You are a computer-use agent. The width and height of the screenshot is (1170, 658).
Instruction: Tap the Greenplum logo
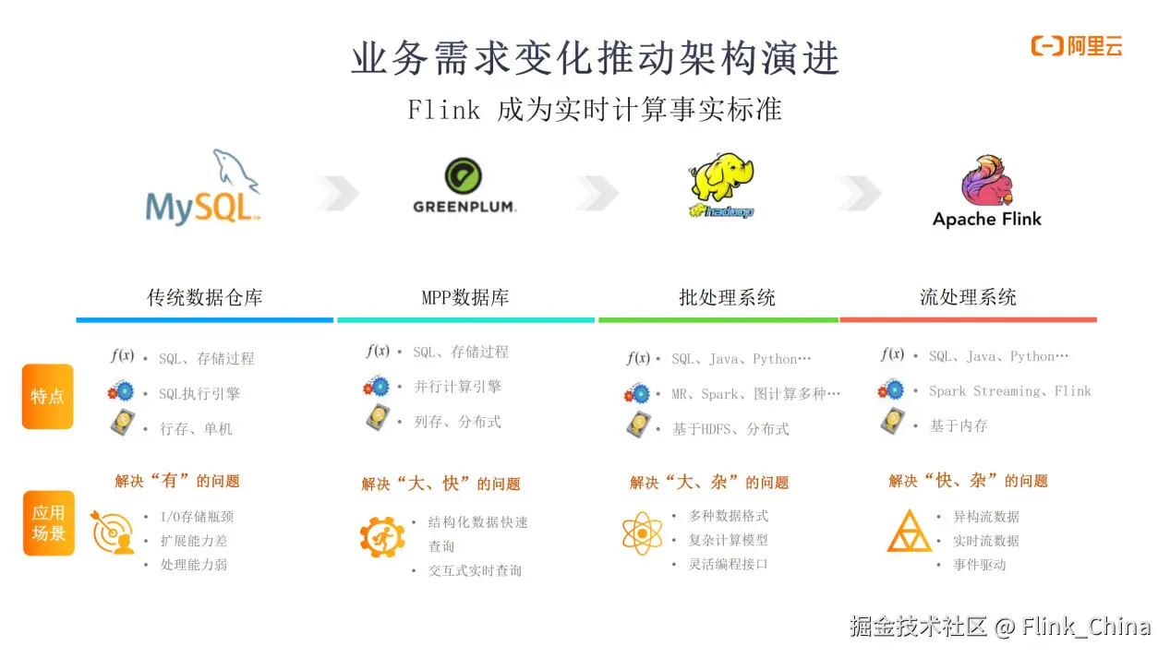tap(464, 186)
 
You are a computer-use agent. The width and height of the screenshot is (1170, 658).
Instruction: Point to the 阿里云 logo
tap(1077, 46)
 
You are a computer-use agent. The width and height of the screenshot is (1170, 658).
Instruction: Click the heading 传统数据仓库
tap(205, 298)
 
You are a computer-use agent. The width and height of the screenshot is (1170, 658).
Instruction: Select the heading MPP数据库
tap(465, 298)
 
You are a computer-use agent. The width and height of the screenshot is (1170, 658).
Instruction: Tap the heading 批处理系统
tap(727, 298)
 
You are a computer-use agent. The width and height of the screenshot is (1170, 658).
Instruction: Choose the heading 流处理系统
tap(968, 297)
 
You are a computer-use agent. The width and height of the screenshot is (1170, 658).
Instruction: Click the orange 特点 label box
tap(48, 397)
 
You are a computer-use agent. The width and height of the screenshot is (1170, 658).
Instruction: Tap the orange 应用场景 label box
tap(49, 523)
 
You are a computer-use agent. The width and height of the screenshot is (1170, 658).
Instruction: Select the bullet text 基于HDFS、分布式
tap(730, 429)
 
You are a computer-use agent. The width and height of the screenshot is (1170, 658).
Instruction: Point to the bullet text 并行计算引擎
tap(457, 387)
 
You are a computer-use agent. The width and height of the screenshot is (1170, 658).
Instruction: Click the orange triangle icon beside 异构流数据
tap(909, 532)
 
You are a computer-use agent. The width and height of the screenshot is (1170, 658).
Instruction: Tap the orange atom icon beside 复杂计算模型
tap(642, 533)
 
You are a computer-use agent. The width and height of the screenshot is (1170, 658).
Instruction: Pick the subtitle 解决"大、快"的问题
tap(440, 484)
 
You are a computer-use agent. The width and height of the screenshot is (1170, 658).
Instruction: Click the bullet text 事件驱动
tap(980, 565)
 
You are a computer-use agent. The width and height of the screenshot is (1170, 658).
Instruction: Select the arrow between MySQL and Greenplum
tap(336, 193)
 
